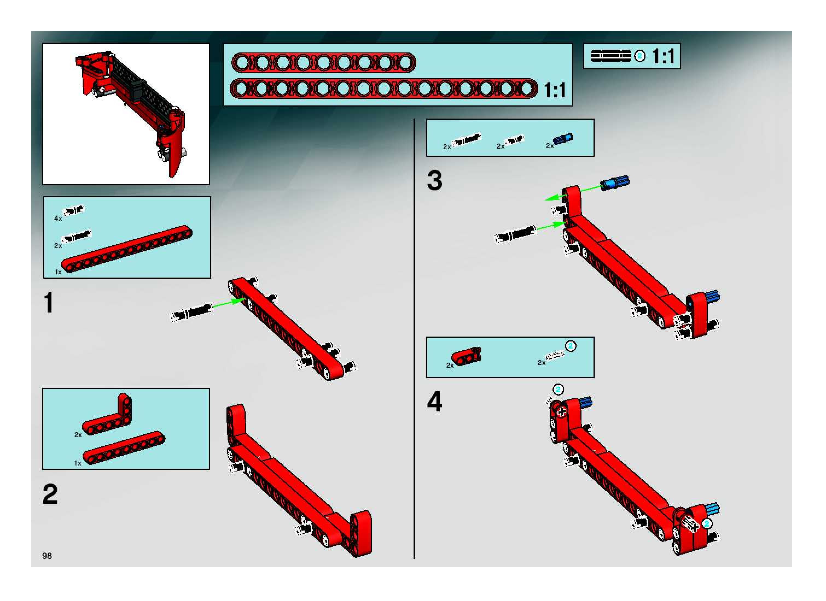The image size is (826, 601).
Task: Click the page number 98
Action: pyautogui.click(x=47, y=556)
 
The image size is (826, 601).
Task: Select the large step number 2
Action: pyautogui.click(x=50, y=494)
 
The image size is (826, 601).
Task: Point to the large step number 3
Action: pyautogui.click(x=435, y=181)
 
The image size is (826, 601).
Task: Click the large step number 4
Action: pyautogui.click(x=435, y=402)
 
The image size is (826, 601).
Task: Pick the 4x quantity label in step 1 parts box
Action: pyautogui.click(x=58, y=218)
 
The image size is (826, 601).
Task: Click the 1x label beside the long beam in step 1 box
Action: pyautogui.click(x=58, y=272)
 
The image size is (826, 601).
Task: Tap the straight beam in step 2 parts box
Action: pyautogui.click(x=124, y=447)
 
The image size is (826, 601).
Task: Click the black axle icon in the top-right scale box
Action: pyautogui.click(x=611, y=56)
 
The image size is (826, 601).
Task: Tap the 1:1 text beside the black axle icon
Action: pyautogui.click(x=663, y=56)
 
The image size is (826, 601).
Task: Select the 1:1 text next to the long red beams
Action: pyautogui.click(x=555, y=90)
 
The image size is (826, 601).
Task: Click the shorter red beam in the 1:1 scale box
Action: pyautogui.click(x=323, y=63)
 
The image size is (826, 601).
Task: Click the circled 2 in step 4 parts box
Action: pyautogui.click(x=571, y=346)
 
